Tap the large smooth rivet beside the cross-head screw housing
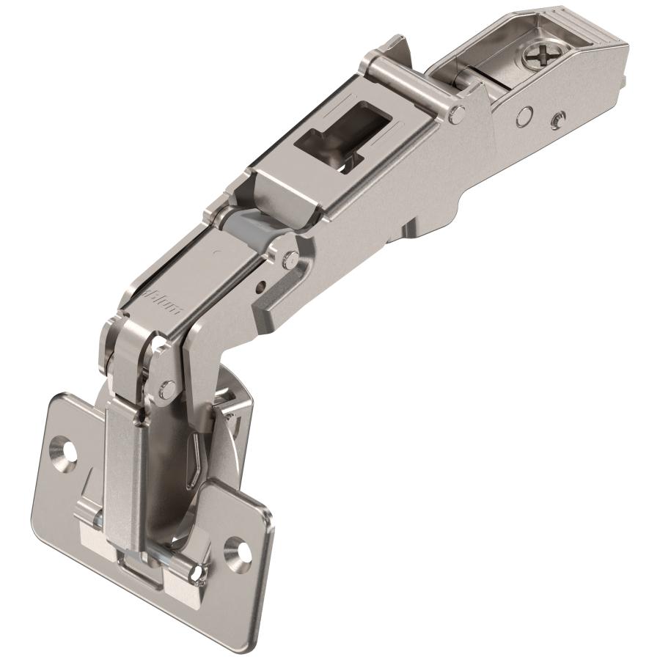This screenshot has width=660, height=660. click(x=524, y=114)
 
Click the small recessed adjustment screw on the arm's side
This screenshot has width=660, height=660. click(x=559, y=117)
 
